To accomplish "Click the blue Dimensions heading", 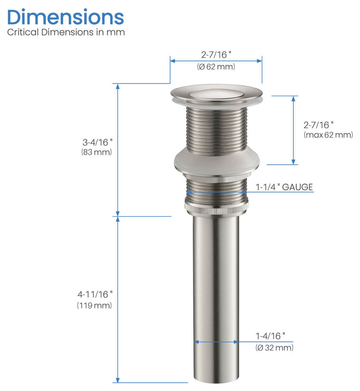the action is tap(66, 17).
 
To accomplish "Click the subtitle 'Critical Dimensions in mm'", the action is tap(66, 32).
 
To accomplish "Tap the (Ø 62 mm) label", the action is tap(216, 67).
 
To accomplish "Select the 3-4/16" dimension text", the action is tap(97, 143).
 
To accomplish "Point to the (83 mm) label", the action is tap(96, 152).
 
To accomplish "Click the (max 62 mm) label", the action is tap(328, 135).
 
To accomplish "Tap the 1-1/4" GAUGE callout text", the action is tap(284, 187).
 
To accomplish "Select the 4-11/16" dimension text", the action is tap(95, 295).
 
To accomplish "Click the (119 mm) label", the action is tap(94, 305).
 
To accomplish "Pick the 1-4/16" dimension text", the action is tap(270, 336).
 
